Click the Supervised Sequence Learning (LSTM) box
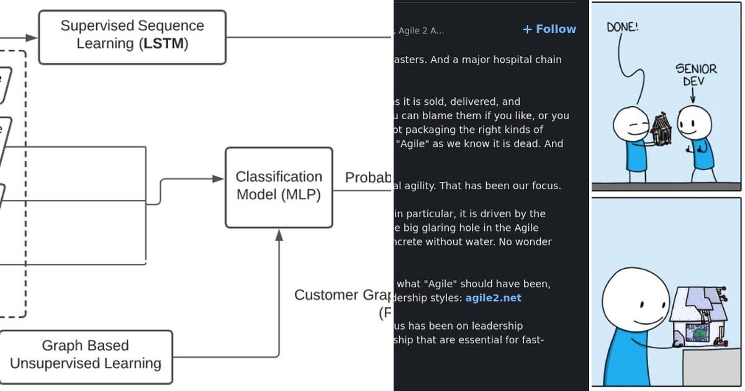(x=132, y=37)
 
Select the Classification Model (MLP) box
(x=278, y=186)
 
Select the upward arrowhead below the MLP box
(x=279, y=235)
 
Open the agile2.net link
(x=493, y=298)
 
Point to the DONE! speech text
(x=622, y=27)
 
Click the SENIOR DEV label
(x=695, y=74)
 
